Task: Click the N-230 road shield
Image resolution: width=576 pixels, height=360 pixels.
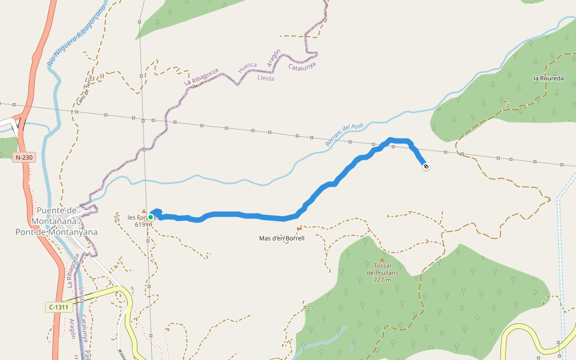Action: pos(24,157)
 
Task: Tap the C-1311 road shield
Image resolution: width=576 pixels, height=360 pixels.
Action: pos(59,307)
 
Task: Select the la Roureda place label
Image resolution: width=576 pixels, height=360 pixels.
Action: pos(548,79)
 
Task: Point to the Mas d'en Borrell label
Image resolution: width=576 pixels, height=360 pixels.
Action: pos(282,238)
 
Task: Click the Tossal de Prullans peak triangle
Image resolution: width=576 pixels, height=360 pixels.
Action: pos(382,259)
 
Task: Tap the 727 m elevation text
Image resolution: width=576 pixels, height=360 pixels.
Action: pos(382,280)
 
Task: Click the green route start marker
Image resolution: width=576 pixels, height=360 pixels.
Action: pos(151,217)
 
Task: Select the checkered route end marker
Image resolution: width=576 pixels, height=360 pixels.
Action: pos(425,166)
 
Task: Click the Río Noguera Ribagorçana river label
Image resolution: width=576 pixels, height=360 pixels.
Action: pos(76,35)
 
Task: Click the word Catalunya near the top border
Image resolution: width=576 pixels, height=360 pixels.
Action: pos(302,67)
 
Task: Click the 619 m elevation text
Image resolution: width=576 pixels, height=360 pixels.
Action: pos(143,224)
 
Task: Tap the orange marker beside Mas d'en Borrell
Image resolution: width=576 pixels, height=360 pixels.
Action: pos(299,229)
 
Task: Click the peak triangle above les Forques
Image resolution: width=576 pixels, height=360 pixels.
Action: pos(143,211)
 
